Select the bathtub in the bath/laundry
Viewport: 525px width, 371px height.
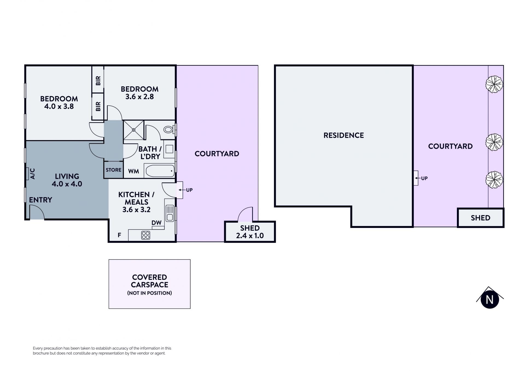[x=160, y=171]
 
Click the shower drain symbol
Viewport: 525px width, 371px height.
[x=134, y=130]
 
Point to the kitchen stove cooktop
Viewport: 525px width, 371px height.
[x=146, y=235]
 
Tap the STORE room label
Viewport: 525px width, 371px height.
[x=113, y=170]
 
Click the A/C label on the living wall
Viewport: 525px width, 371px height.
[x=32, y=174]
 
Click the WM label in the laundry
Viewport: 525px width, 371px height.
[x=133, y=171]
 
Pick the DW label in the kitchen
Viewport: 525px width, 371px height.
[x=156, y=223]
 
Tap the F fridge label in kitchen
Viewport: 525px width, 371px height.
[x=119, y=235]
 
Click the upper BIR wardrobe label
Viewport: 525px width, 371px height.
[x=98, y=80]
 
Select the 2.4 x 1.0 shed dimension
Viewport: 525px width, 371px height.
[x=250, y=236]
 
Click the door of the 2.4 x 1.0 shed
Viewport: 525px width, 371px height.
[x=245, y=214]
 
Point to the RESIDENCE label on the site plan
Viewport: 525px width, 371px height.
[x=344, y=135]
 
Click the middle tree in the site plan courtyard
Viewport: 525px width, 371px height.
[x=494, y=142]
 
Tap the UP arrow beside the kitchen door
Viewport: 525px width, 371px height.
[x=182, y=190]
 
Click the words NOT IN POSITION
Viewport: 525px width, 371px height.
[x=150, y=293]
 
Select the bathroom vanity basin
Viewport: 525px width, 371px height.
[x=169, y=149]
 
